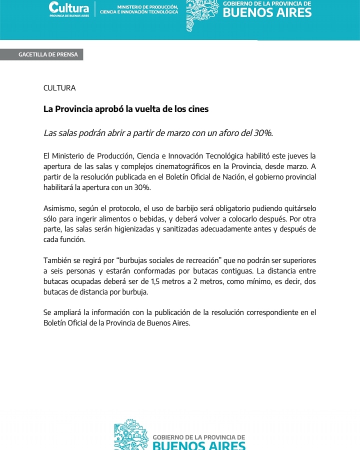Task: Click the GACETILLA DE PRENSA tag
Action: pos(48,54)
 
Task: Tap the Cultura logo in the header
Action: pos(69,8)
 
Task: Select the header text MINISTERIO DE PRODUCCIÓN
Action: pos(148,6)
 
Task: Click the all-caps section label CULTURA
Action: pos(59,88)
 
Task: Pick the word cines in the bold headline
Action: pos(198,108)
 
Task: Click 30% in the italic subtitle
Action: pos(263,133)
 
